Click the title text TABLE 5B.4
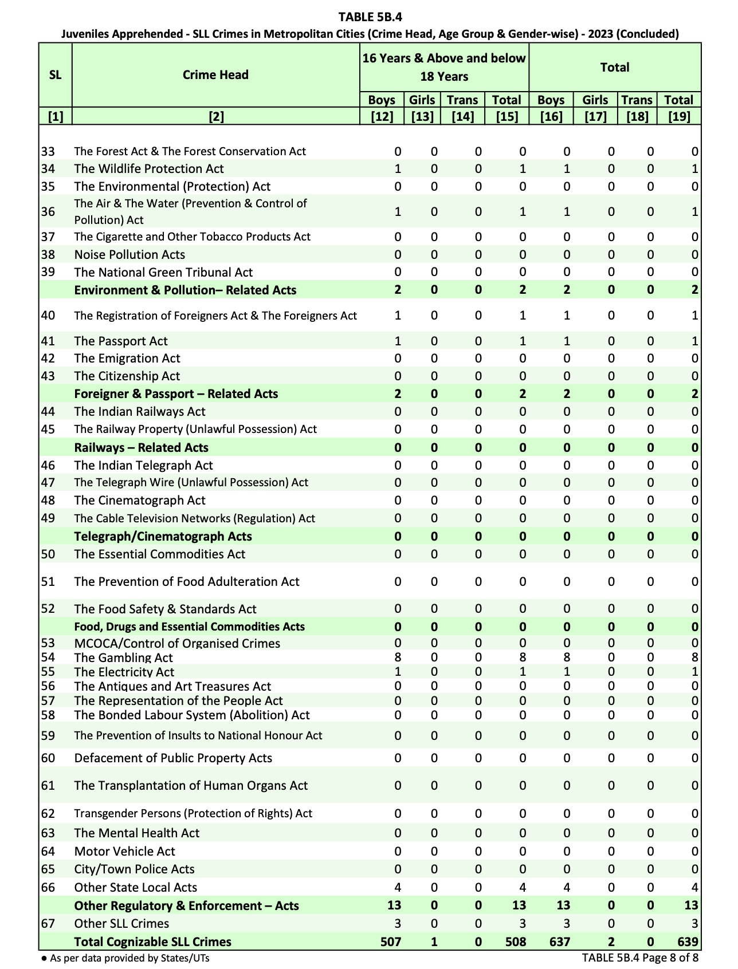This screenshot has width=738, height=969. pyautogui.click(x=370, y=17)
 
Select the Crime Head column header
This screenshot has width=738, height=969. pyautogui.click(x=215, y=75)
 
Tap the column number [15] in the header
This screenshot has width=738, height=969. pyautogui.click(x=507, y=117)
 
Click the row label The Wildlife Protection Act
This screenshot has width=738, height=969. pyautogui.click(x=149, y=169)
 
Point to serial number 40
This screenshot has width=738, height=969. pyautogui.click(x=48, y=316)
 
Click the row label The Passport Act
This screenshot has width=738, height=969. pyautogui.click(x=121, y=341)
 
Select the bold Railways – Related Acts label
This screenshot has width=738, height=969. pyautogui.click(x=141, y=448)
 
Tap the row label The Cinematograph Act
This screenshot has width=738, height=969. pyautogui.click(x=140, y=501)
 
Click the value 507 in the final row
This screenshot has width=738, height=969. pyautogui.click(x=391, y=942)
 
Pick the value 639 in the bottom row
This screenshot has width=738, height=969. pyautogui.click(x=687, y=942)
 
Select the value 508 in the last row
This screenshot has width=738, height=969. pyautogui.click(x=516, y=942)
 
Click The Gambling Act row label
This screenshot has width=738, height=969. pyautogui.click(x=123, y=658)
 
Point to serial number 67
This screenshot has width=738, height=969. pyautogui.click(x=48, y=924)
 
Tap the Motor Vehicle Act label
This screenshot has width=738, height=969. pyautogui.click(x=125, y=852)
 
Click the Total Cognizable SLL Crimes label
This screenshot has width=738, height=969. pyautogui.click(x=153, y=942)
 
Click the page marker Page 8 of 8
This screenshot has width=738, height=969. pyautogui.click(x=640, y=958)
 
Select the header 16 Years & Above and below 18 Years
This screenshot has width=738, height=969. pyautogui.click(x=444, y=67)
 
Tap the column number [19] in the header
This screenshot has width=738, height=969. pyautogui.click(x=679, y=117)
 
